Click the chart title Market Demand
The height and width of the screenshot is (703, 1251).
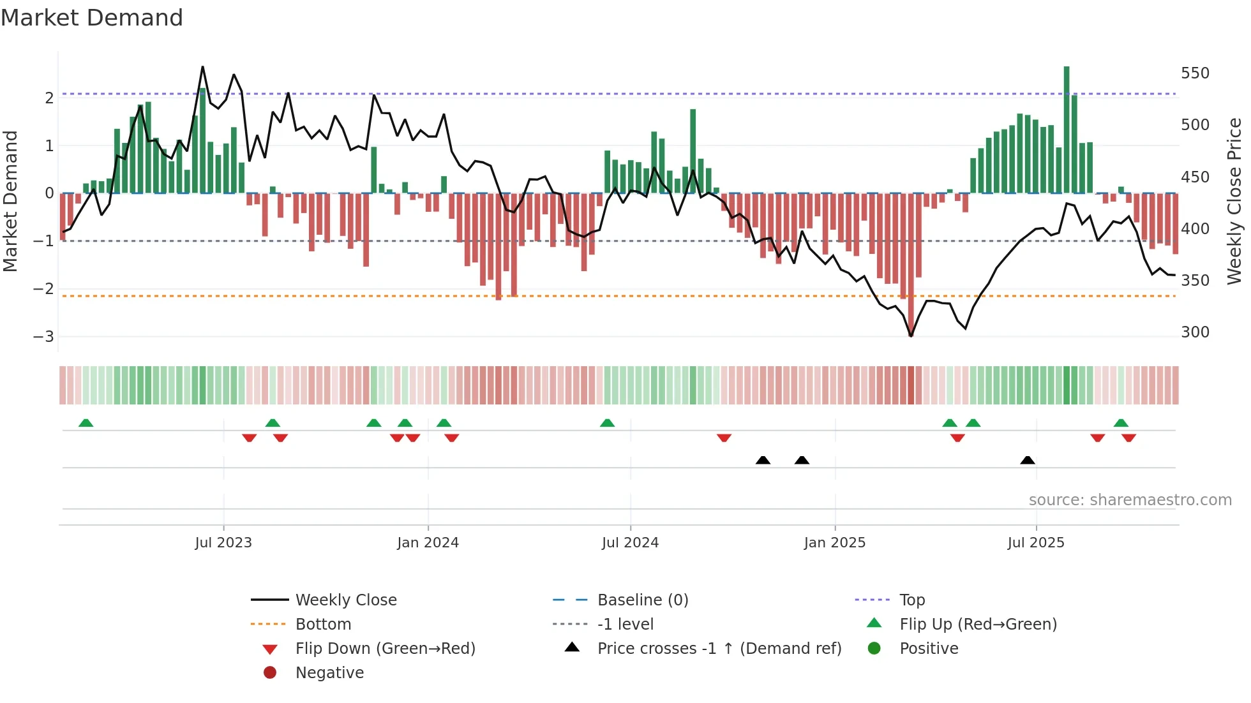[92, 18]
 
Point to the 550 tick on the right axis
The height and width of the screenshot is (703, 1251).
[1195, 73]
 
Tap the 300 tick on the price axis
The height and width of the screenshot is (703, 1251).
[1195, 332]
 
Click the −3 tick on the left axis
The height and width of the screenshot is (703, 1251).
[43, 336]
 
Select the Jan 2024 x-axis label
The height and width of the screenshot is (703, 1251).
[428, 543]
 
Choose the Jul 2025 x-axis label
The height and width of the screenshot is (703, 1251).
[1036, 543]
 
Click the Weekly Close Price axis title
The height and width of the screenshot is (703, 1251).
[1234, 201]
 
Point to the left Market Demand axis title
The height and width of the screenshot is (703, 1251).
[11, 201]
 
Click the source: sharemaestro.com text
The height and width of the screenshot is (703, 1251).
[1130, 500]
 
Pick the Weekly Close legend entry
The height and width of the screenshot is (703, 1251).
[345, 600]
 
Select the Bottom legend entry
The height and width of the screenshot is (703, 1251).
[323, 625]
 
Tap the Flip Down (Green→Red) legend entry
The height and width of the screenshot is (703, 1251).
[385, 649]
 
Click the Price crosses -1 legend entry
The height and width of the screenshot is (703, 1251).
[719, 649]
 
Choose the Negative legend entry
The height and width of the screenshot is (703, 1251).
[329, 673]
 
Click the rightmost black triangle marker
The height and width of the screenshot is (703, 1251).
[1028, 461]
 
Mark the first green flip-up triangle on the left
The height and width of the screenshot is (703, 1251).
[86, 423]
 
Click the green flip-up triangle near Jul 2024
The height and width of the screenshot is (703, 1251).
[607, 423]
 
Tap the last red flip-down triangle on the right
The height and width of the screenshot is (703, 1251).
[1128, 438]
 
